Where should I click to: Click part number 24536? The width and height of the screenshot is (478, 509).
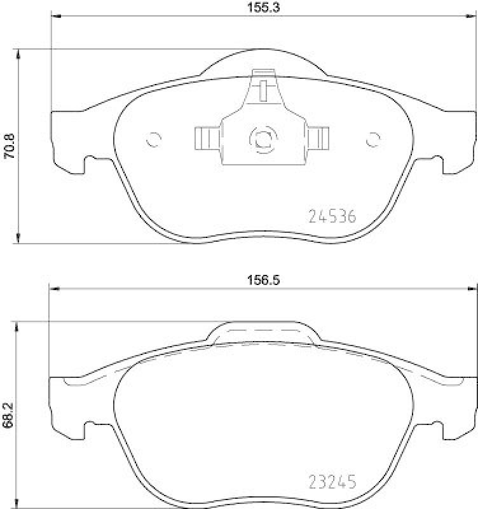point(331,217)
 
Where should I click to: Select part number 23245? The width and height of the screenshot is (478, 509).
point(331,482)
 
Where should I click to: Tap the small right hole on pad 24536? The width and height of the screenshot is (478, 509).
point(372,139)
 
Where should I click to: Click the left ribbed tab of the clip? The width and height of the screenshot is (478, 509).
point(205,137)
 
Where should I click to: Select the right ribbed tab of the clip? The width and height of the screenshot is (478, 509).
point(318,137)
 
